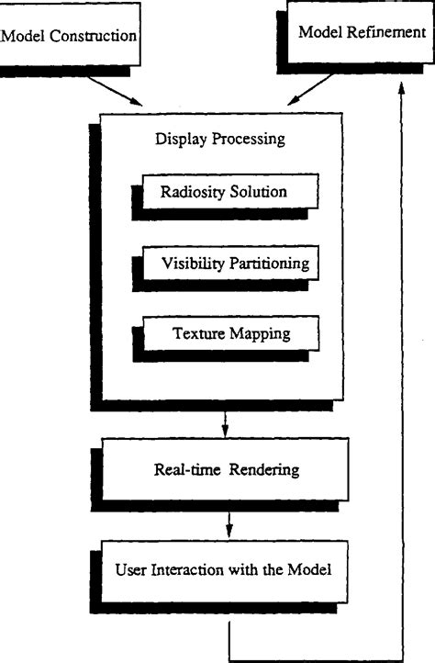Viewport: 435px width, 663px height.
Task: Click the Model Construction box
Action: click(x=70, y=38)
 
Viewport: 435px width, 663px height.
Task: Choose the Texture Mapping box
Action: click(x=231, y=333)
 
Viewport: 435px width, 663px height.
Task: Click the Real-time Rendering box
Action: click(x=225, y=470)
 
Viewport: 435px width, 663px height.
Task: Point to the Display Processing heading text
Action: click(x=221, y=140)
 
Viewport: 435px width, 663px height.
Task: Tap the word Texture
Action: click(x=196, y=333)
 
